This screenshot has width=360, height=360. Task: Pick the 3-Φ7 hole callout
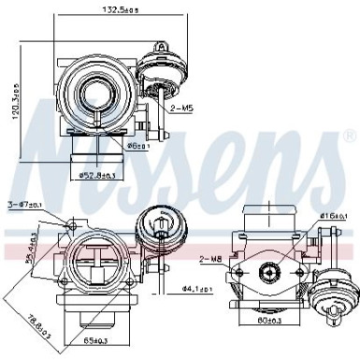pos(24,203)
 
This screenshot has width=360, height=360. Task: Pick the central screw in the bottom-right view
pos(269,271)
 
